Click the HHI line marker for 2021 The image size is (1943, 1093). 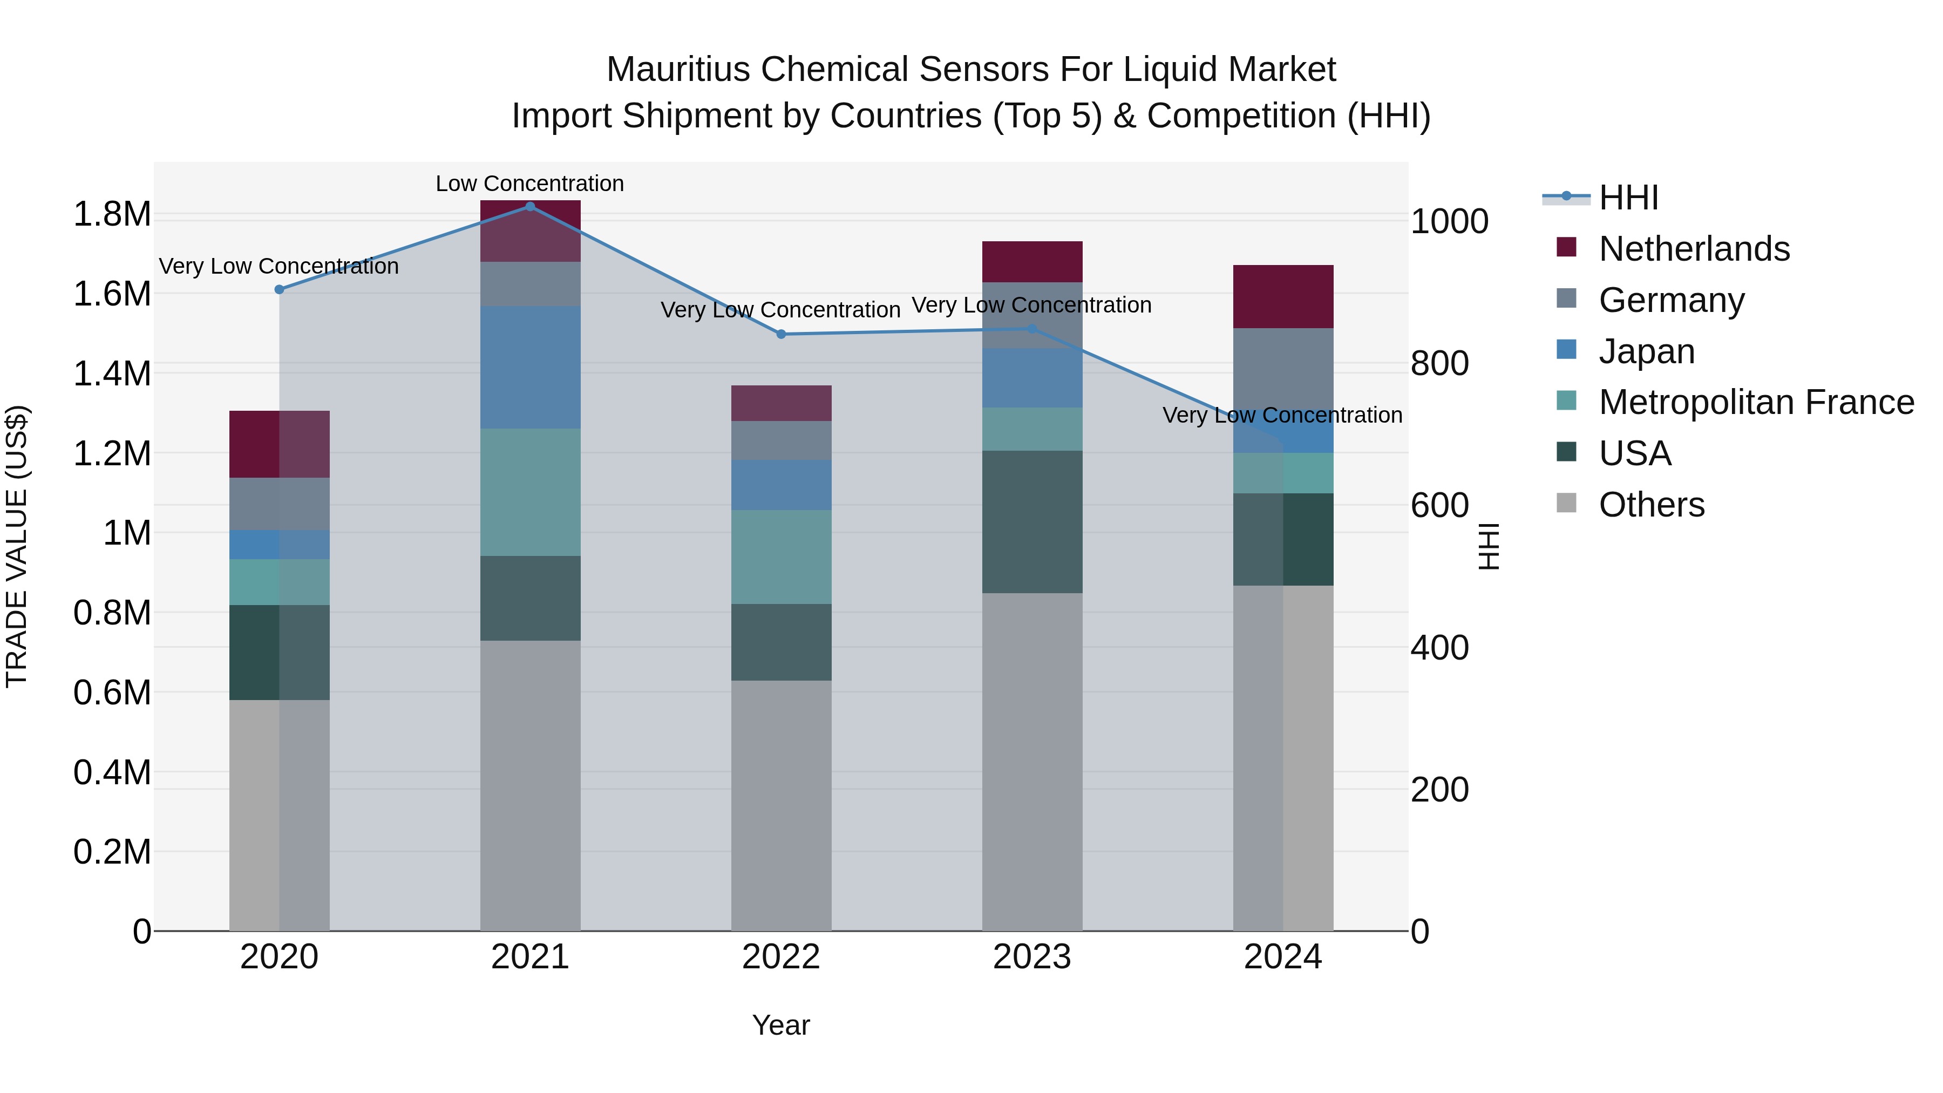pos(529,207)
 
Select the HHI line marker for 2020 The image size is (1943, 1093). pos(279,290)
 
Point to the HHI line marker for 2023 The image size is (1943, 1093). pos(1032,329)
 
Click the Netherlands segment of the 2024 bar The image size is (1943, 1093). pos(1283,296)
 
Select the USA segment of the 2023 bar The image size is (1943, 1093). pos(1032,522)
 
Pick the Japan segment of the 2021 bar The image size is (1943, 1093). pos(529,368)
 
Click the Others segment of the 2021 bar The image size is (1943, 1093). pos(529,784)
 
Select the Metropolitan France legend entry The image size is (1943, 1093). pos(1755,403)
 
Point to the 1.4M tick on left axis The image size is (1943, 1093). pos(112,374)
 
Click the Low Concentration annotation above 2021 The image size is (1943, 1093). pos(529,184)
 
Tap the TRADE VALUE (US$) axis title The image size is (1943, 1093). pos(17,546)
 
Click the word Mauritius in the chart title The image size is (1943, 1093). pos(679,70)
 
